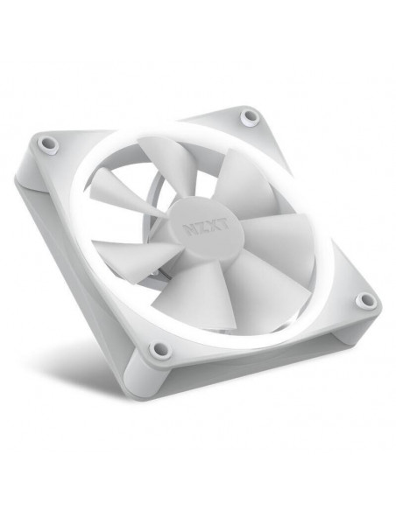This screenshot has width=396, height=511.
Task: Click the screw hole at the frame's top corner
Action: point(249,116)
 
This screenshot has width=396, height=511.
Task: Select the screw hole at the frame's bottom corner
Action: point(159,349)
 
